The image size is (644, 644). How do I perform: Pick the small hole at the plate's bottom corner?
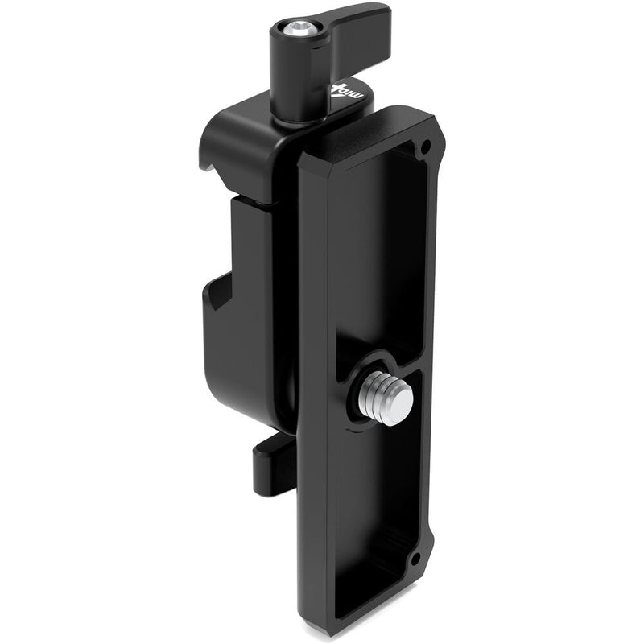[x=415, y=558]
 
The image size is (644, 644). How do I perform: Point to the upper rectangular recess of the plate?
[x=378, y=258]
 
